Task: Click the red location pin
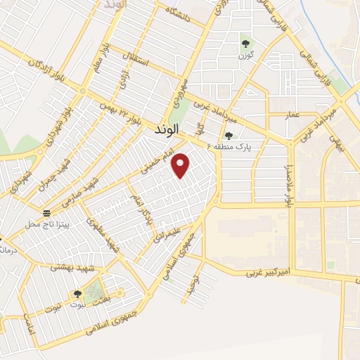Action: point(181,165)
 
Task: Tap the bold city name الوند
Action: point(167,130)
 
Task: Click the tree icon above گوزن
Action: point(245,40)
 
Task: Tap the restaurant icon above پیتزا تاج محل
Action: point(46,212)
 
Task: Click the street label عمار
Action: point(292,114)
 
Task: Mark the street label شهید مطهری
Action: point(101,234)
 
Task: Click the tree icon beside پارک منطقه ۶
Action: point(229,136)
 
